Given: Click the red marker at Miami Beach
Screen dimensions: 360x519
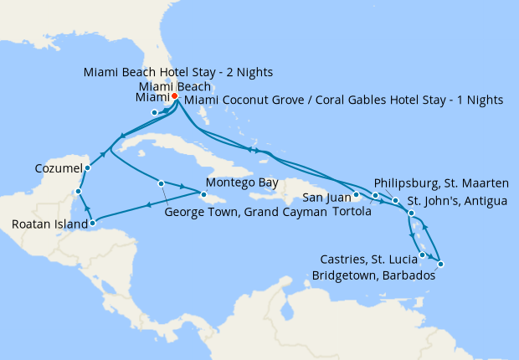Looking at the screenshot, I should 174,96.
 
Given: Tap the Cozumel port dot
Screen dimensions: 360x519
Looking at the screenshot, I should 87,167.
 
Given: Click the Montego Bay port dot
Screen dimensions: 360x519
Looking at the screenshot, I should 203,196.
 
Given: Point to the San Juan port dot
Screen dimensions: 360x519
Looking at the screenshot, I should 356,196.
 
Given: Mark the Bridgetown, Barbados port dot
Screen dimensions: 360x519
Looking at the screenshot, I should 440,265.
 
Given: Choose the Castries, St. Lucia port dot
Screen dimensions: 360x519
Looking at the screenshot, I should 423,255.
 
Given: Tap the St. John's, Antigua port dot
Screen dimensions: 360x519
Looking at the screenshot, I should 411,214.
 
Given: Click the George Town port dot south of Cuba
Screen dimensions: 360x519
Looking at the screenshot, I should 160,183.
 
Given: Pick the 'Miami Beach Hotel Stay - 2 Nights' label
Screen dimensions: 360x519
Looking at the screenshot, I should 178,72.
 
